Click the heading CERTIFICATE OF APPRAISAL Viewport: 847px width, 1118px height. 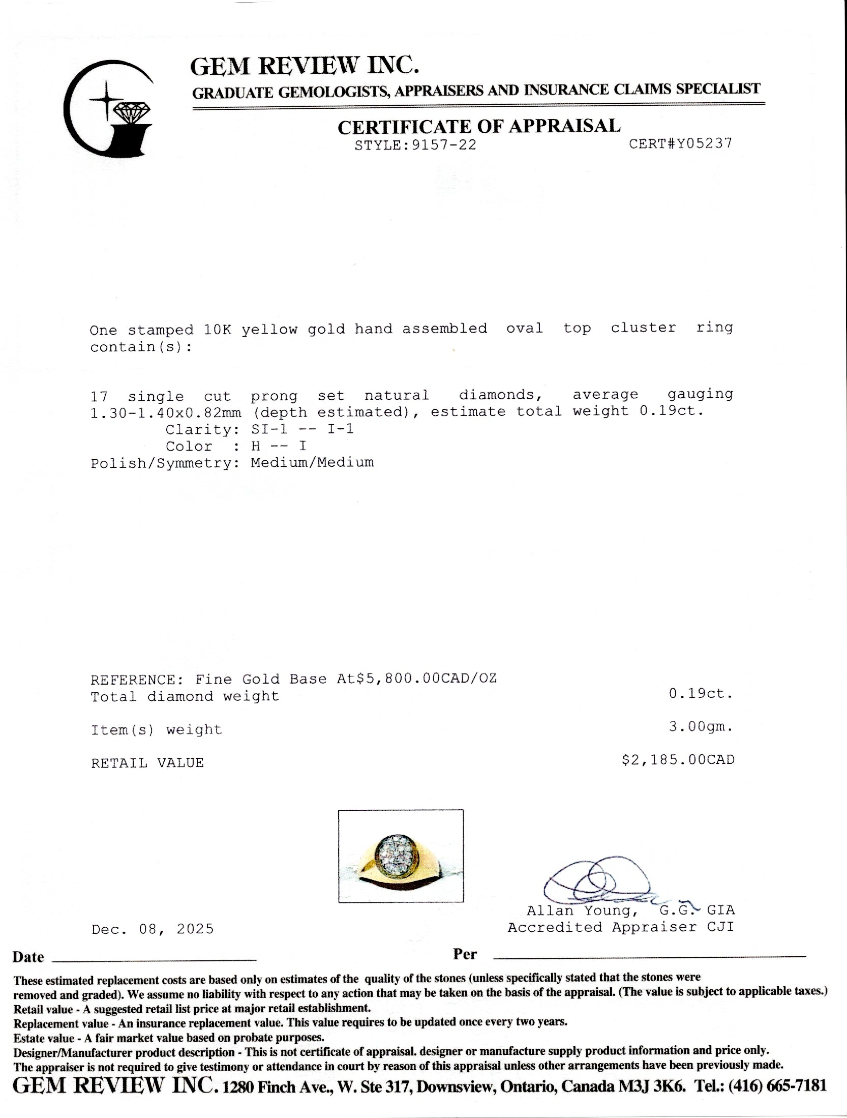coord(479,126)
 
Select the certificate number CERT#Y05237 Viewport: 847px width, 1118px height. coord(680,143)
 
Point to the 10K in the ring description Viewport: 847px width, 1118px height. coord(218,329)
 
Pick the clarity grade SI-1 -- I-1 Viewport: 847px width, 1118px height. coord(302,429)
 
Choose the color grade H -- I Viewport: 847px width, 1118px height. coord(278,446)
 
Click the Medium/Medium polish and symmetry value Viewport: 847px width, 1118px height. coord(312,462)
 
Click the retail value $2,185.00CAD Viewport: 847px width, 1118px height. coord(678,760)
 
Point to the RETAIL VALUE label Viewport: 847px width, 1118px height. coord(147,762)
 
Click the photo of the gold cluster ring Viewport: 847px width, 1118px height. coord(401,856)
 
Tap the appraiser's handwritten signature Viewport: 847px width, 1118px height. coord(595,883)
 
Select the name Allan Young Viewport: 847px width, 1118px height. coord(579,910)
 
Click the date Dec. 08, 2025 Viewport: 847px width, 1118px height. coord(153,929)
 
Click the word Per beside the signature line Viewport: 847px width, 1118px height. coord(465,955)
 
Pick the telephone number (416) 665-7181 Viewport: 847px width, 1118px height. coord(777,1086)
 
